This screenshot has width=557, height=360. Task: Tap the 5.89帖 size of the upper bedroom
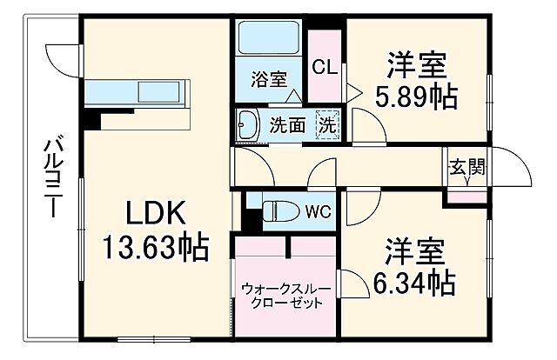click(416, 97)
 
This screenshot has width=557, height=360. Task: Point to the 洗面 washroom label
click(286, 124)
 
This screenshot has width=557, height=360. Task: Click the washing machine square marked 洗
click(326, 123)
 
